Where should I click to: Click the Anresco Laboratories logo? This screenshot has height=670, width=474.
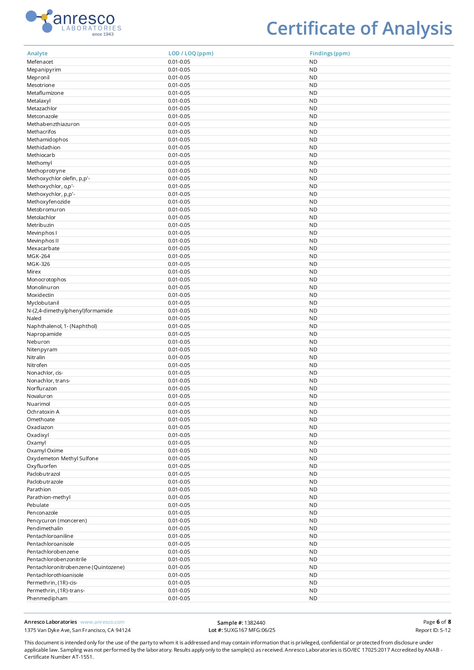point(73,23)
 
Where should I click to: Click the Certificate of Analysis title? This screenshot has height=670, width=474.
point(359,29)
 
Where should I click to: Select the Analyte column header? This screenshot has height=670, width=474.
point(37,53)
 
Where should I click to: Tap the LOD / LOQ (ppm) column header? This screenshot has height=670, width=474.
point(191,53)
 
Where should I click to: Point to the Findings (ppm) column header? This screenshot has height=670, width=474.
point(330,53)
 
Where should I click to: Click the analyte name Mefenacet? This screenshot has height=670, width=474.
point(40,62)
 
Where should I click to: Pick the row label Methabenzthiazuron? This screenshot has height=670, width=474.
point(53,124)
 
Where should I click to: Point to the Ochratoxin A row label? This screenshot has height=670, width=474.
point(43,412)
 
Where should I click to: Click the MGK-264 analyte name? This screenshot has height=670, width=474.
point(38,256)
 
